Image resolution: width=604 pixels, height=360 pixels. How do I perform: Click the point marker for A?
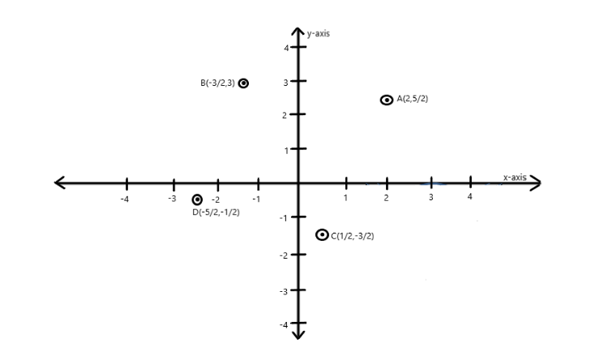coord(387,100)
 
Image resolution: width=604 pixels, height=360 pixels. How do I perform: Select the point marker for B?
coord(243,83)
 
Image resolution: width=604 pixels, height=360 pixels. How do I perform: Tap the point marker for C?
coord(322,234)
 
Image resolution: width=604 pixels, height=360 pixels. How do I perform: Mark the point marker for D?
coord(197,199)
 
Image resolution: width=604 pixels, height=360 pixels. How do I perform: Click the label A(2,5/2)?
coord(412,99)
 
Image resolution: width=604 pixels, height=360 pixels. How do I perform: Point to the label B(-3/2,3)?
coord(217,83)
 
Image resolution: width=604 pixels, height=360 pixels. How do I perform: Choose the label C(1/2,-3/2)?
coord(353,236)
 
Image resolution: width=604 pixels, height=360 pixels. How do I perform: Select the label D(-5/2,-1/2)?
coord(216,212)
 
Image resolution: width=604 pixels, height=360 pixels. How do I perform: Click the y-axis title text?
coord(318,33)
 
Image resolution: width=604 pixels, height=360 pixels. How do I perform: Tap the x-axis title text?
coord(515,178)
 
